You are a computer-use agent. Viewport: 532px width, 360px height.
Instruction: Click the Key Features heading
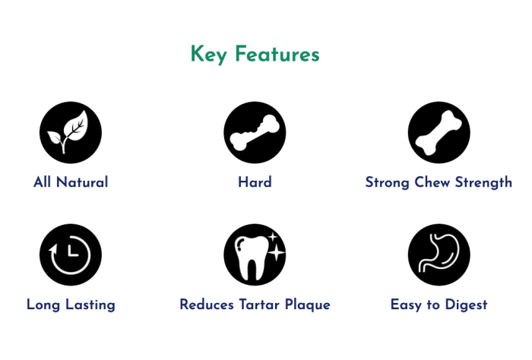click(x=255, y=54)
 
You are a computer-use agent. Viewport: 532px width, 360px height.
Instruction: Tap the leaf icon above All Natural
click(x=71, y=132)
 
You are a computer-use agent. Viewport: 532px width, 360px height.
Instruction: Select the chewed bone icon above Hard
click(x=255, y=132)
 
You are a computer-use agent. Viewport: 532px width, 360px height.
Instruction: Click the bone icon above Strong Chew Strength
click(x=439, y=132)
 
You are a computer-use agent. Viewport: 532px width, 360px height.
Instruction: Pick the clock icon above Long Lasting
click(x=71, y=254)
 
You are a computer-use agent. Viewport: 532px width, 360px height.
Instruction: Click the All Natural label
click(x=71, y=182)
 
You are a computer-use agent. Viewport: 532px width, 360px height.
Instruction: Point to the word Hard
click(x=255, y=182)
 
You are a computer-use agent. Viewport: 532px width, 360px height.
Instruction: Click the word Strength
click(x=483, y=183)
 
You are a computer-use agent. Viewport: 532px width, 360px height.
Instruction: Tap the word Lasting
click(x=90, y=305)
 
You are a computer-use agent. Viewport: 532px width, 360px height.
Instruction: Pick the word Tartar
click(x=260, y=305)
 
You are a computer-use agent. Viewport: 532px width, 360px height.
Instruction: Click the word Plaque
click(x=307, y=305)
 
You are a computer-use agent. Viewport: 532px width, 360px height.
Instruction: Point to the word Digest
click(x=466, y=305)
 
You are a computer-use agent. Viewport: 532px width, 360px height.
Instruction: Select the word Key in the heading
click(x=209, y=54)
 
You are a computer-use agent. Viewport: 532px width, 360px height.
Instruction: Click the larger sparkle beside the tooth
click(x=277, y=253)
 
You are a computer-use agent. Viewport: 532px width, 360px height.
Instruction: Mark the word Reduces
click(x=207, y=305)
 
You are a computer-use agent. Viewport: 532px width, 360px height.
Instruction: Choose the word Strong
click(x=387, y=183)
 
